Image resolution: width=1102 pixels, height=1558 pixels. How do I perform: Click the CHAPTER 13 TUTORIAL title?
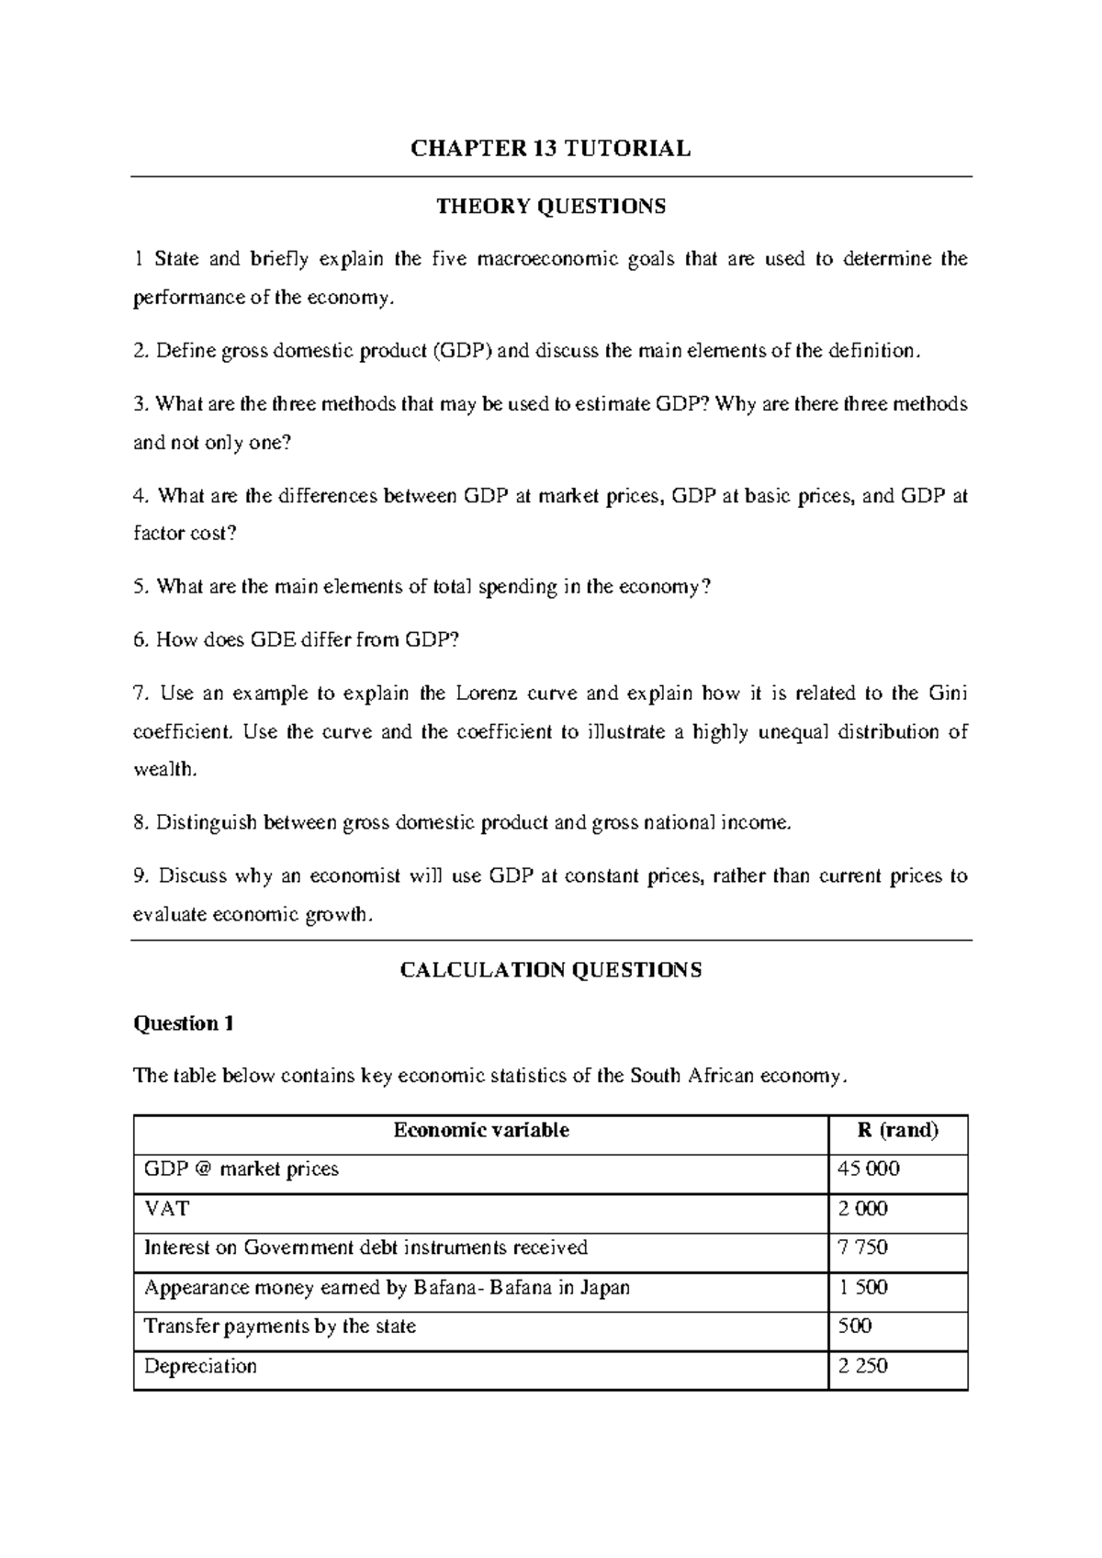[550, 149]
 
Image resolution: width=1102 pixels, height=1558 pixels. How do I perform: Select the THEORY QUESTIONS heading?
[551, 206]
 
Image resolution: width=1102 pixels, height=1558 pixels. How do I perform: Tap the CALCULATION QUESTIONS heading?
[551, 970]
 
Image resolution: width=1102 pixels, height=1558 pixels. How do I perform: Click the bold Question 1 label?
[184, 1023]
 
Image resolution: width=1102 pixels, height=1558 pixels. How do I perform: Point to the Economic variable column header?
[481, 1130]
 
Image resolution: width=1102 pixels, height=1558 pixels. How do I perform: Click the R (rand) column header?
[898, 1130]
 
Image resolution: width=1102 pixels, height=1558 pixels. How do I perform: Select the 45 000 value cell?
[869, 1169]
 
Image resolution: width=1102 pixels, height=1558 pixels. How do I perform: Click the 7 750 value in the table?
[863, 1248]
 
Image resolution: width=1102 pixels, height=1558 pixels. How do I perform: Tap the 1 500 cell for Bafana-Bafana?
[863, 1287]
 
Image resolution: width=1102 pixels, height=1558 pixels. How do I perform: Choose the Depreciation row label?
[200, 1366]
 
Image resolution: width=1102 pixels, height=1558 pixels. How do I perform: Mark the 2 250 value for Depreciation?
[863, 1366]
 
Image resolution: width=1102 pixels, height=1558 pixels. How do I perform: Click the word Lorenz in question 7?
[487, 693]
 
